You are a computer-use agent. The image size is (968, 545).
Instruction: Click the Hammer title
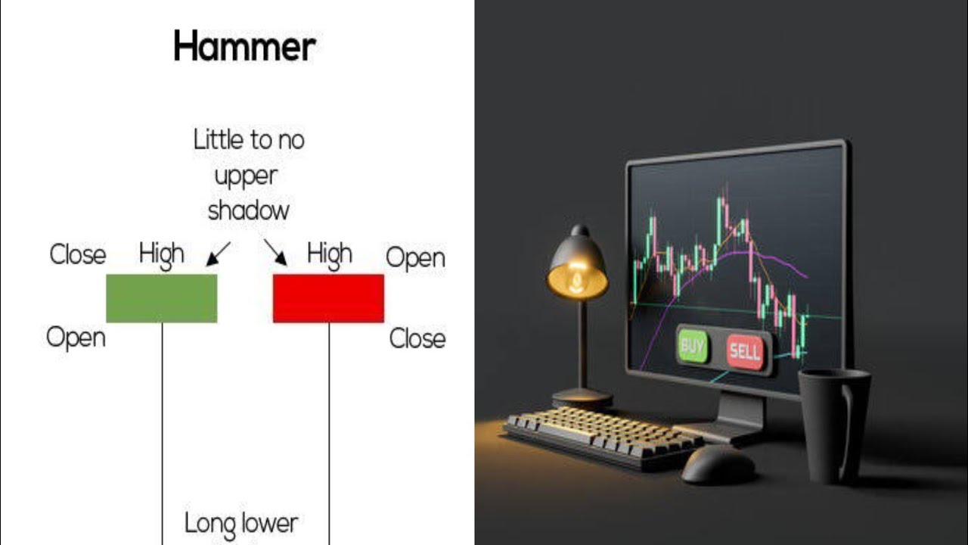(x=244, y=47)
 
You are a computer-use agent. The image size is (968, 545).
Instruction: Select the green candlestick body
(x=161, y=298)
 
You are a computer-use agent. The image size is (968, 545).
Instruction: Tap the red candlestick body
(x=328, y=298)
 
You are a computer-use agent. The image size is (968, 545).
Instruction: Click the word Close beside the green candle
(x=77, y=254)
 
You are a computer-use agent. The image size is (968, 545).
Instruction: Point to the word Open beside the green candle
(x=76, y=337)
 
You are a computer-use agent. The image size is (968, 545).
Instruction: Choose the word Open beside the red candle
(x=415, y=258)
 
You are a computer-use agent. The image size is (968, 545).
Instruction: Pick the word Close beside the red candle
(x=417, y=338)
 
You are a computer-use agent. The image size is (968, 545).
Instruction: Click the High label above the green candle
(x=161, y=255)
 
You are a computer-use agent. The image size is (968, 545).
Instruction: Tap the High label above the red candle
(x=329, y=255)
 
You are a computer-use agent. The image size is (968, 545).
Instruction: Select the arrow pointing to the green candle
(x=218, y=254)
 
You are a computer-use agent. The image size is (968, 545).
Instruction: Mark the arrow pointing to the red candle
(x=276, y=253)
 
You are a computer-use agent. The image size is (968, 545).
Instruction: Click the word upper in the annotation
(x=246, y=176)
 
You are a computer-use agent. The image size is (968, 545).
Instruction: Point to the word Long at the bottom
(x=209, y=522)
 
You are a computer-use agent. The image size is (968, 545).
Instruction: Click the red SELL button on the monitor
(x=744, y=351)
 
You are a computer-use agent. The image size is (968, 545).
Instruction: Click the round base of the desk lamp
(x=582, y=398)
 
